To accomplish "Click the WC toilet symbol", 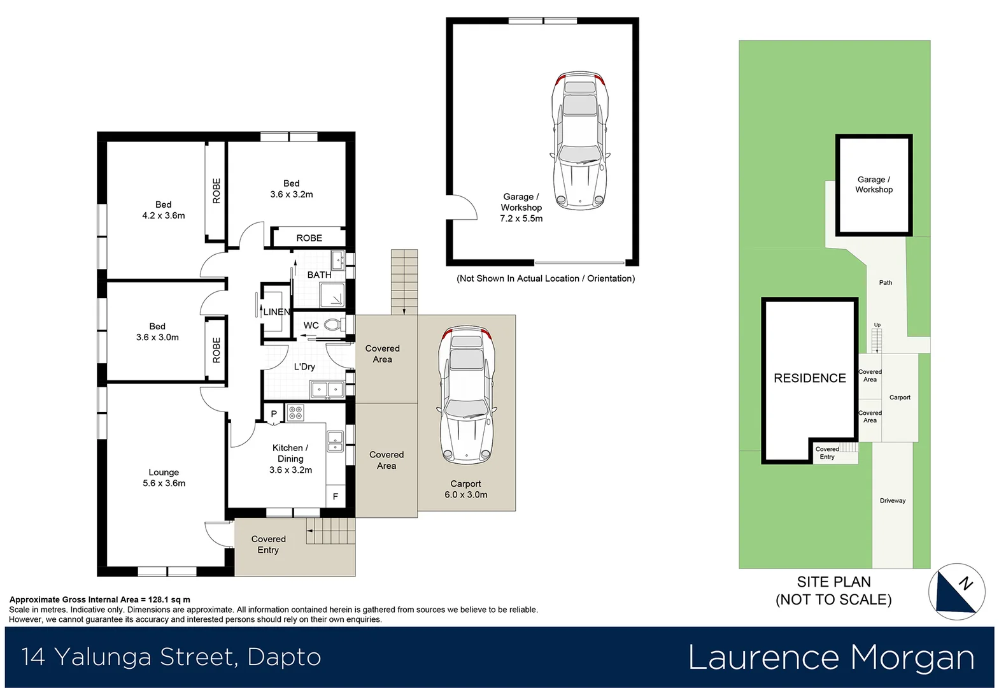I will pyautogui.click(x=332, y=325).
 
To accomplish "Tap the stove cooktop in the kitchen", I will pyautogui.click(x=295, y=413).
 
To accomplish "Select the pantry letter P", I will pyautogui.click(x=274, y=414).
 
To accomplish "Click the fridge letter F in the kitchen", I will pyautogui.click(x=335, y=496).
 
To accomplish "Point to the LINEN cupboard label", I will pyautogui.click(x=276, y=312).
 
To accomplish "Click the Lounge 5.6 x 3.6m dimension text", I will pyautogui.click(x=164, y=484).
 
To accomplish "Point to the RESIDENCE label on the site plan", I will pyautogui.click(x=809, y=378).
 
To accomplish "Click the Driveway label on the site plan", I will pyautogui.click(x=892, y=501).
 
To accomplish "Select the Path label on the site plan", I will pyautogui.click(x=885, y=283).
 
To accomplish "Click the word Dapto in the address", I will pyautogui.click(x=284, y=657).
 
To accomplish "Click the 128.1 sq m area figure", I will pyautogui.click(x=169, y=599).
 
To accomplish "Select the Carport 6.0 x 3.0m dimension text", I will pyautogui.click(x=465, y=495).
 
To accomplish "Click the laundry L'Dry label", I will pyautogui.click(x=304, y=367).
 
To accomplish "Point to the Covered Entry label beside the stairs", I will pyautogui.click(x=268, y=545).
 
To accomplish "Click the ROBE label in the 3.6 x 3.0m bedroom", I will pyautogui.click(x=216, y=350).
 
